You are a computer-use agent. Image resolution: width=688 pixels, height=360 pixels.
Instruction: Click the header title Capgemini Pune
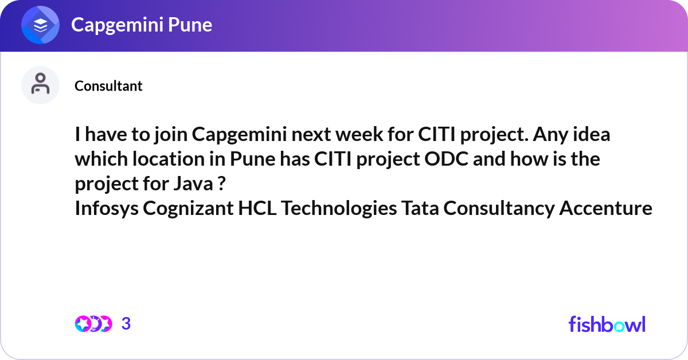pyautogui.click(x=141, y=25)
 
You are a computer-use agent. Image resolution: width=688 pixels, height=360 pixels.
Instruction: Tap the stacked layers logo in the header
pyautogui.click(x=41, y=25)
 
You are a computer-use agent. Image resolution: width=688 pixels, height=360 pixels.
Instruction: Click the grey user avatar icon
pyautogui.click(x=40, y=85)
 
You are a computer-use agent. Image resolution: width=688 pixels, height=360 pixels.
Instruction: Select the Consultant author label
pyautogui.click(x=108, y=86)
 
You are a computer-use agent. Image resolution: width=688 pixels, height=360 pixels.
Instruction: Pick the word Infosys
pyautogui.click(x=106, y=209)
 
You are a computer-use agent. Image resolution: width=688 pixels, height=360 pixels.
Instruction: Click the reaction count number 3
pyautogui.click(x=126, y=324)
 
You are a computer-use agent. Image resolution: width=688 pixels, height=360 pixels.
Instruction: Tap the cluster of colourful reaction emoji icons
pyautogui.click(x=93, y=324)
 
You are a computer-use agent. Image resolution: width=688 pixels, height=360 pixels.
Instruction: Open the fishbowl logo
pyautogui.click(x=607, y=324)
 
